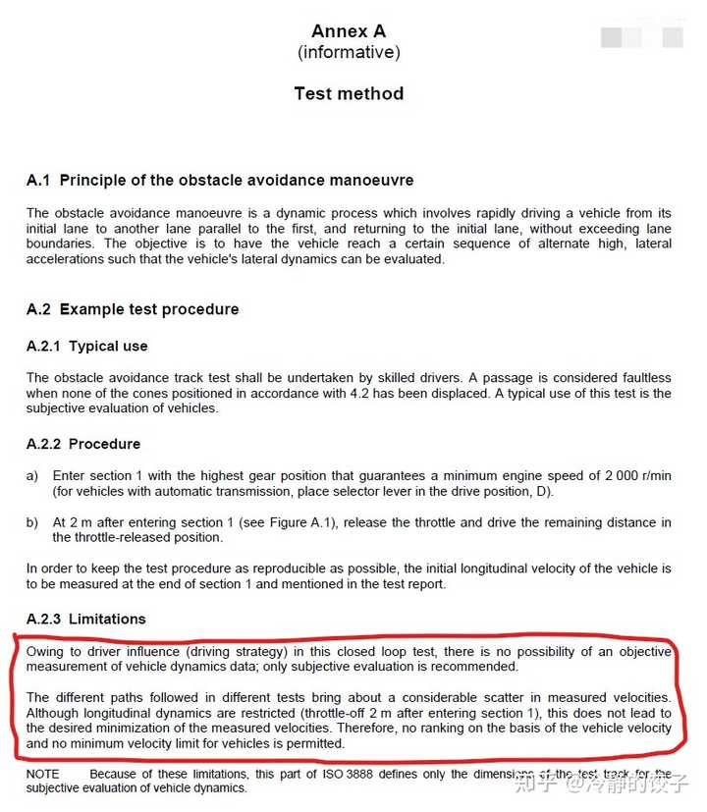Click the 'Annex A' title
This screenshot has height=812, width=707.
pos(349,31)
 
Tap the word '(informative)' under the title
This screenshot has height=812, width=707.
pos(349,52)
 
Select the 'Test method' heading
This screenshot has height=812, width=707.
pos(349,94)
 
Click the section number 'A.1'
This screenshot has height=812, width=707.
pos(38,181)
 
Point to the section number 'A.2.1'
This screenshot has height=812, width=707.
pos(43,347)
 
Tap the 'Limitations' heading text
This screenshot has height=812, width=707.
pos(107,619)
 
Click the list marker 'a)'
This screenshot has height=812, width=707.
pos(32,475)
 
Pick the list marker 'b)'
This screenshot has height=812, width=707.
pos(32,522)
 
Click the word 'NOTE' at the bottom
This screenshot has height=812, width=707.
pos(43,775)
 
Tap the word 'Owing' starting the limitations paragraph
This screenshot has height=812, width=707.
pos(46,652)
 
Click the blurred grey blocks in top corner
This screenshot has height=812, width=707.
pos(642,37)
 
